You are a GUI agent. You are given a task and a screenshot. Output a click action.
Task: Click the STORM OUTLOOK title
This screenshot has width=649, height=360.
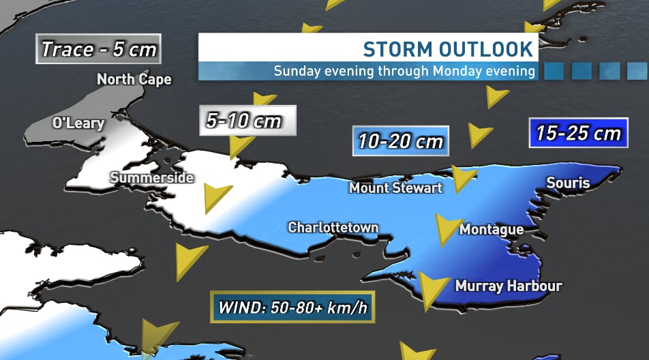tap(447, 49)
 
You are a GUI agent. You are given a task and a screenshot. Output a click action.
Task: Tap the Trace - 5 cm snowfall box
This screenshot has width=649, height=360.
tap(99, 49)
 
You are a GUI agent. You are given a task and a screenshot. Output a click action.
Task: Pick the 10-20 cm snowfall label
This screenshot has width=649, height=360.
tap(400, 142)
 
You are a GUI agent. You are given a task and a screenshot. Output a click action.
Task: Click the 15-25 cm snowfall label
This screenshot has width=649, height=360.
tap(578, 133)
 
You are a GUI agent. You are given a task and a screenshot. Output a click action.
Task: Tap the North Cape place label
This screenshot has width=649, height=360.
tap(134, 79)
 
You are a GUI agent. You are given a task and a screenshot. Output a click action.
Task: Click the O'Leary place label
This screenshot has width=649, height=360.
tap(78, 123)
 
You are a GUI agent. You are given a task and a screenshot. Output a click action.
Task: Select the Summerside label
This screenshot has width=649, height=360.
tap(152, 178)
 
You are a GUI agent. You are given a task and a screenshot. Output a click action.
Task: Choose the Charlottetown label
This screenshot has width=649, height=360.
tap(333, 227)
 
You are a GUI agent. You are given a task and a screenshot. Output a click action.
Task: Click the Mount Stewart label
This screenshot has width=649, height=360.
tap(395, 187)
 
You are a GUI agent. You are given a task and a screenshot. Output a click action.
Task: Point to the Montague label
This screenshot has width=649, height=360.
tap(492, 230)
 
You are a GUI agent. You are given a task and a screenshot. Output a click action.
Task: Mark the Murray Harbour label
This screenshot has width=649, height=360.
tap(508, 286)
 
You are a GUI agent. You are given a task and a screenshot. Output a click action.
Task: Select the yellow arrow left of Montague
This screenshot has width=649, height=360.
tap(447, 228)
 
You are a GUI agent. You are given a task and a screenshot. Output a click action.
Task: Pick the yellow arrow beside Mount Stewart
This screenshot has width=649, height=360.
tap(464, 179)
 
